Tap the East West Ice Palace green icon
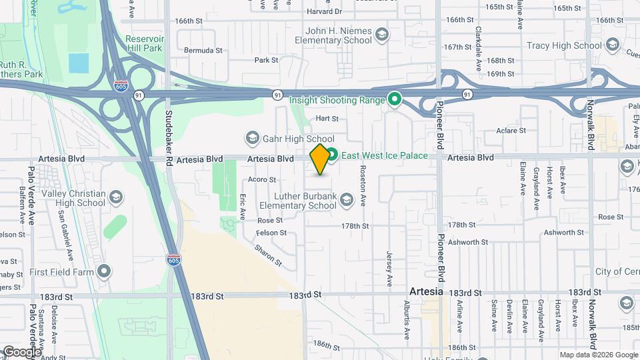pos(331,155)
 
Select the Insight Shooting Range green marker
pos(394,100)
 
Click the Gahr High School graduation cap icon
pos(252,139)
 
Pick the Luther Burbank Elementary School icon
pos(346,199)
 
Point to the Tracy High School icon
pos(612,45)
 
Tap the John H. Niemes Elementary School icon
pos(381,35)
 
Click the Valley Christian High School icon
pos(116,197)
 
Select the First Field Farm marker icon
pos(103,271)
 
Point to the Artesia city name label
pos(425,292)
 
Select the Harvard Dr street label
pos(325,12)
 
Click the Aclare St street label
pos(511,131)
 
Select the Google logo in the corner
pos(21,351)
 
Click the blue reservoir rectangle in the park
pos(78,63)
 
